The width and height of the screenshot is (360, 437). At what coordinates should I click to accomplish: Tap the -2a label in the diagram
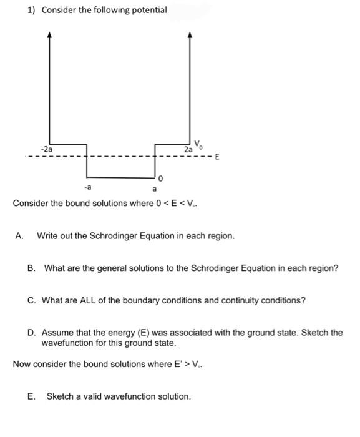[x=46, y=150]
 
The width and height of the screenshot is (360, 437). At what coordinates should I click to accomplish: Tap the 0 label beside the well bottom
[x=160, y=179]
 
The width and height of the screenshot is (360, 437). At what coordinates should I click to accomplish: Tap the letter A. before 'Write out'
[x=20, y=236]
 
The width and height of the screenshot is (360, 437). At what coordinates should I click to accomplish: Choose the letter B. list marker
[x=32, y=268]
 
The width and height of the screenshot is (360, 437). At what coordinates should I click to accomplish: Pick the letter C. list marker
[x=32, y=300]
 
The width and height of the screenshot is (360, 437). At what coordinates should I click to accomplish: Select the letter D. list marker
[x=32, y=332]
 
